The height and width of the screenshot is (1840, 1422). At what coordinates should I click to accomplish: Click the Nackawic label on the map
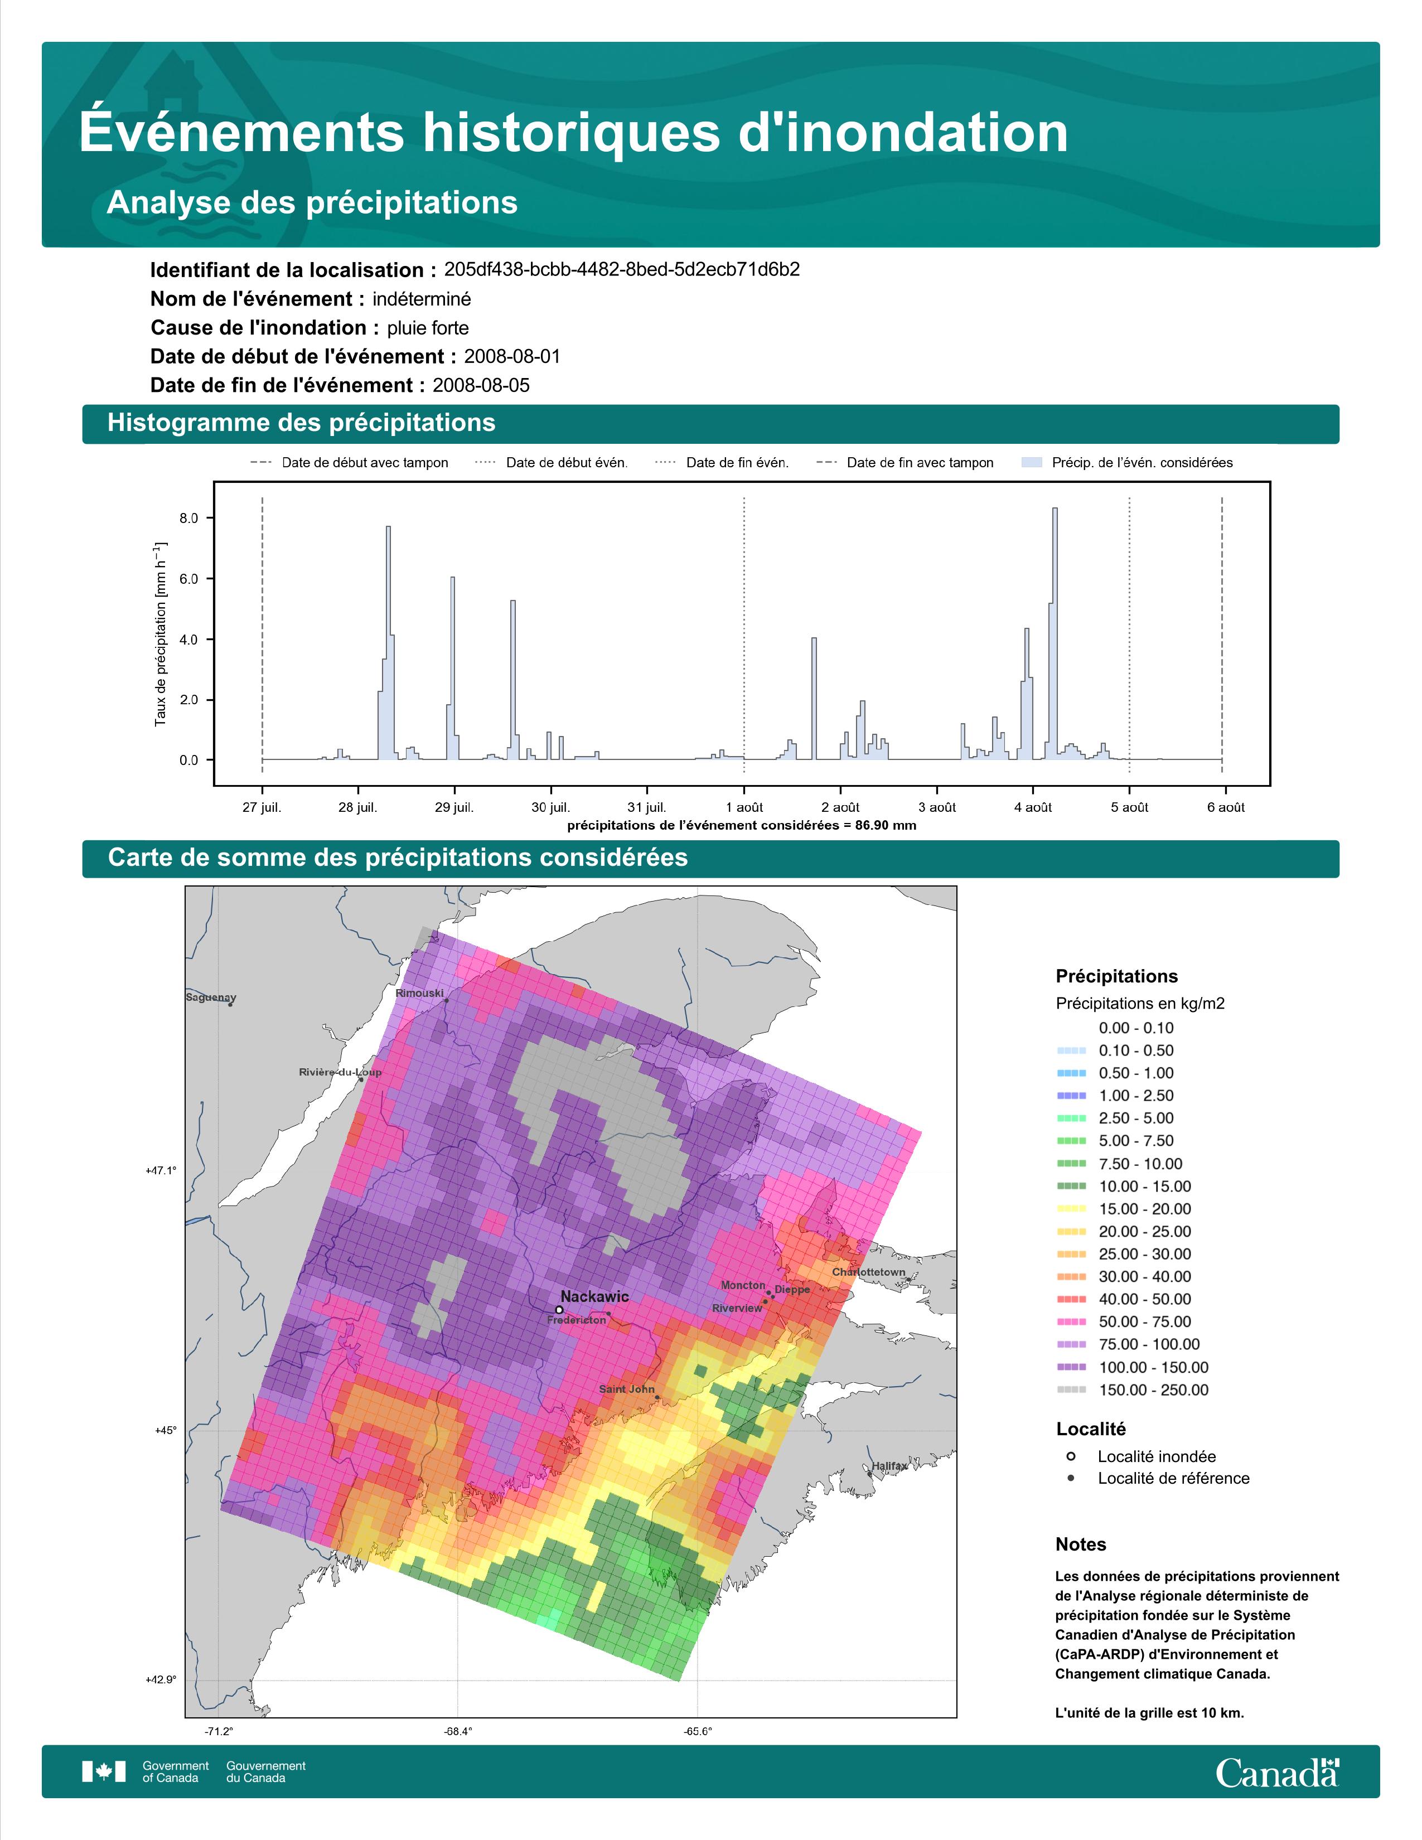(x=595, y=1296)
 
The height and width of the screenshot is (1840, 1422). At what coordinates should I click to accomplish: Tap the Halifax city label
(x=889, y=1466)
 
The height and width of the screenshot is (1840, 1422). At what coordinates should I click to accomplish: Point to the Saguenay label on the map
(x=211, y=998)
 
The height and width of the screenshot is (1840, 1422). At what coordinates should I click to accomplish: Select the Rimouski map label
(x=419, y=993)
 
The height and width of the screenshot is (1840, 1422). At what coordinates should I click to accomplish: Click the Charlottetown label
(x=868, y=1272)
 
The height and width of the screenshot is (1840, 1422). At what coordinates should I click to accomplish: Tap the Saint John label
(x=627, y=1389)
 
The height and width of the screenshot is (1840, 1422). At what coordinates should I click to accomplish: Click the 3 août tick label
(x=937, y=807)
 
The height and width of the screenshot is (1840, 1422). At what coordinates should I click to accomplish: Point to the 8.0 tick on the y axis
(x=188, y=518)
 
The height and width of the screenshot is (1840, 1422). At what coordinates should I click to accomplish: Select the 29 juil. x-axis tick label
(x=454, y=807)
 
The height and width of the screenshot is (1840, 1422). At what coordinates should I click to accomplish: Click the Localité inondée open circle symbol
(x=1071, y=1456)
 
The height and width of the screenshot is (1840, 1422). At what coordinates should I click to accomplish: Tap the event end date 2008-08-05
(x=481, y=386)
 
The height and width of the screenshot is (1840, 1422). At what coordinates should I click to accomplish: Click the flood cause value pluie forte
(x=428, y=328)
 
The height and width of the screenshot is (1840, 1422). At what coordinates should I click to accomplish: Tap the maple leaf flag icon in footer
(x=104, y=1772)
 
